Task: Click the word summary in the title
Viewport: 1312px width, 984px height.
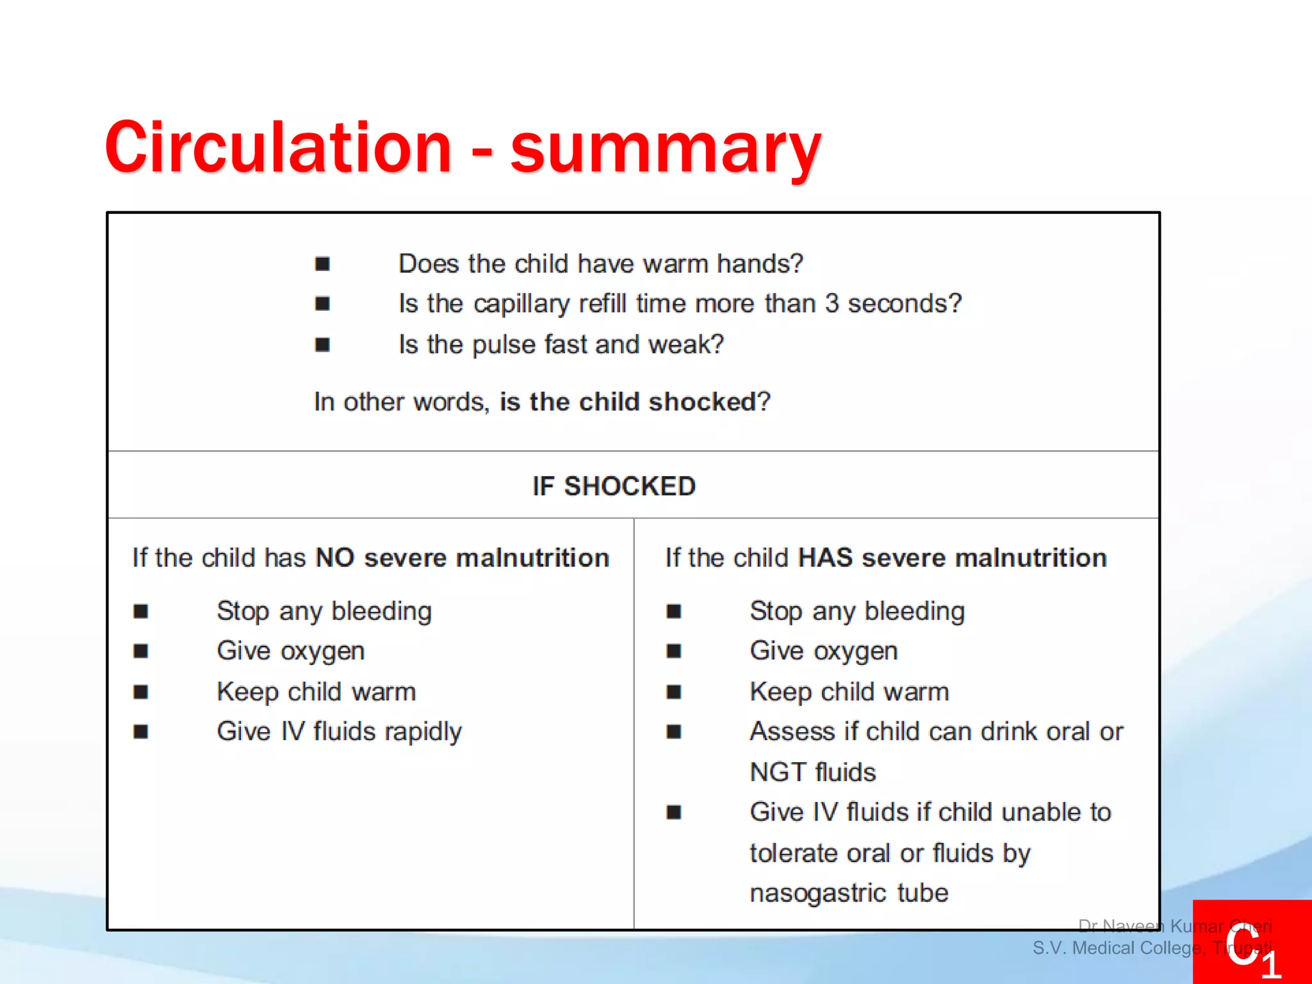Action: (665, 151)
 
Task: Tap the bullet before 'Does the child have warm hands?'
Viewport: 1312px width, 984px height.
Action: (322, 264)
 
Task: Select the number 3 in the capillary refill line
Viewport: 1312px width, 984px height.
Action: (832, 304)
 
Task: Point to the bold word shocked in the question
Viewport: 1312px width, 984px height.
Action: (702, 402)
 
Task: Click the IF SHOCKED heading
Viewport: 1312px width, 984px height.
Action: (614, 486)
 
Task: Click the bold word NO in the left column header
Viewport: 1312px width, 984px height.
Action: (335, 557)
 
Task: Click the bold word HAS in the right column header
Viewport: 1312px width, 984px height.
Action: (825, 557)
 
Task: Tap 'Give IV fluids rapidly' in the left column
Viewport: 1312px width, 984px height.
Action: (339, 732)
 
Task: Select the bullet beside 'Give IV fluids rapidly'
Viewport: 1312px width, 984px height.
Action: (141, 732)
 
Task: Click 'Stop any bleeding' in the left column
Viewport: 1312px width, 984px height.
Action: (324, 611)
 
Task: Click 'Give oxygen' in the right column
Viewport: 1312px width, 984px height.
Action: (823, 651)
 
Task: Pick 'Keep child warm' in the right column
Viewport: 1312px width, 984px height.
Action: (849, 692)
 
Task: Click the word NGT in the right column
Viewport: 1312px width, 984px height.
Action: (774, 772)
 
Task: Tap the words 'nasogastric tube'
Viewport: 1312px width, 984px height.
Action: (848, 893)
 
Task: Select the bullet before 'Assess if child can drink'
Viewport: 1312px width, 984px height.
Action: (673, 732)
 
